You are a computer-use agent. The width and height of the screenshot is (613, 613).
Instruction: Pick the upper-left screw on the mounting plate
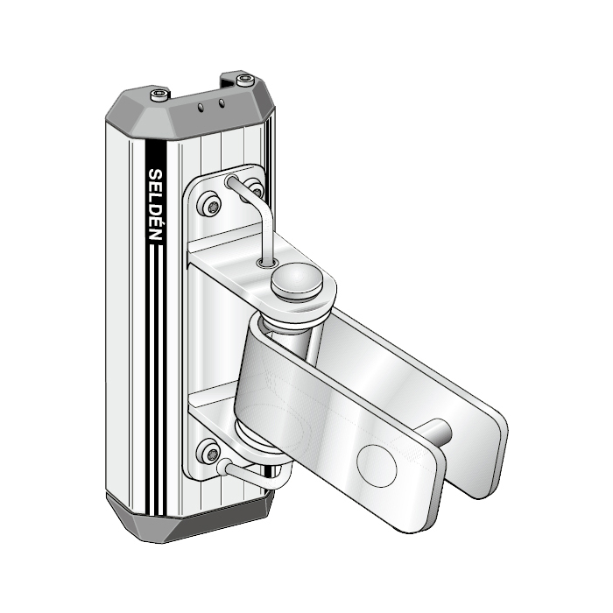(213, 206)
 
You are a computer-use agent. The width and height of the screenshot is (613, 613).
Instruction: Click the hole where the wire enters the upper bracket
(264, 261)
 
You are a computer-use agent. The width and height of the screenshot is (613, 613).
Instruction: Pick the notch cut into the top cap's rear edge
(230, 81)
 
